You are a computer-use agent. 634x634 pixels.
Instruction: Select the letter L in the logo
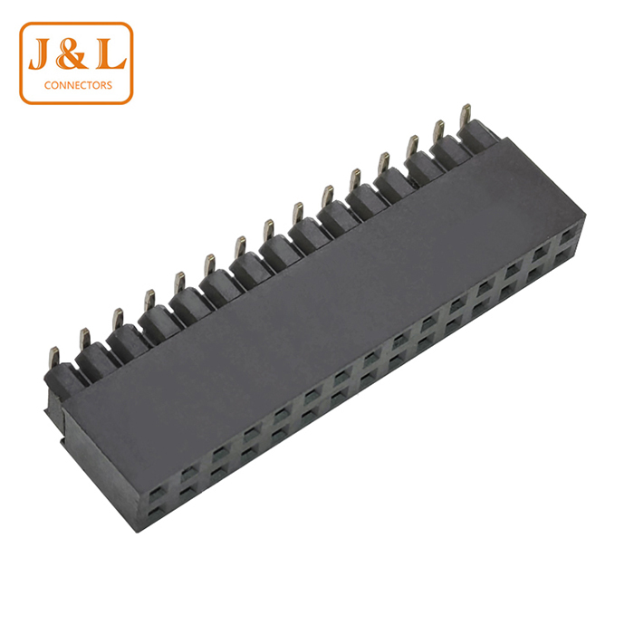click(110, 54)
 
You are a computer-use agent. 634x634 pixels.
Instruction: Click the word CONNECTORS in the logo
click(78, 85)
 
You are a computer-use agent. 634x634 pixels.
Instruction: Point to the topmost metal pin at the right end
click(466, 115)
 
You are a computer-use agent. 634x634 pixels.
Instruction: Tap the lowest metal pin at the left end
click(53, 357)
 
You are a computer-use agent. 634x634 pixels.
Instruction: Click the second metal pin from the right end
click(438, 131)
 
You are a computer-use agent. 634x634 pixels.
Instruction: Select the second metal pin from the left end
click(84, 339)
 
